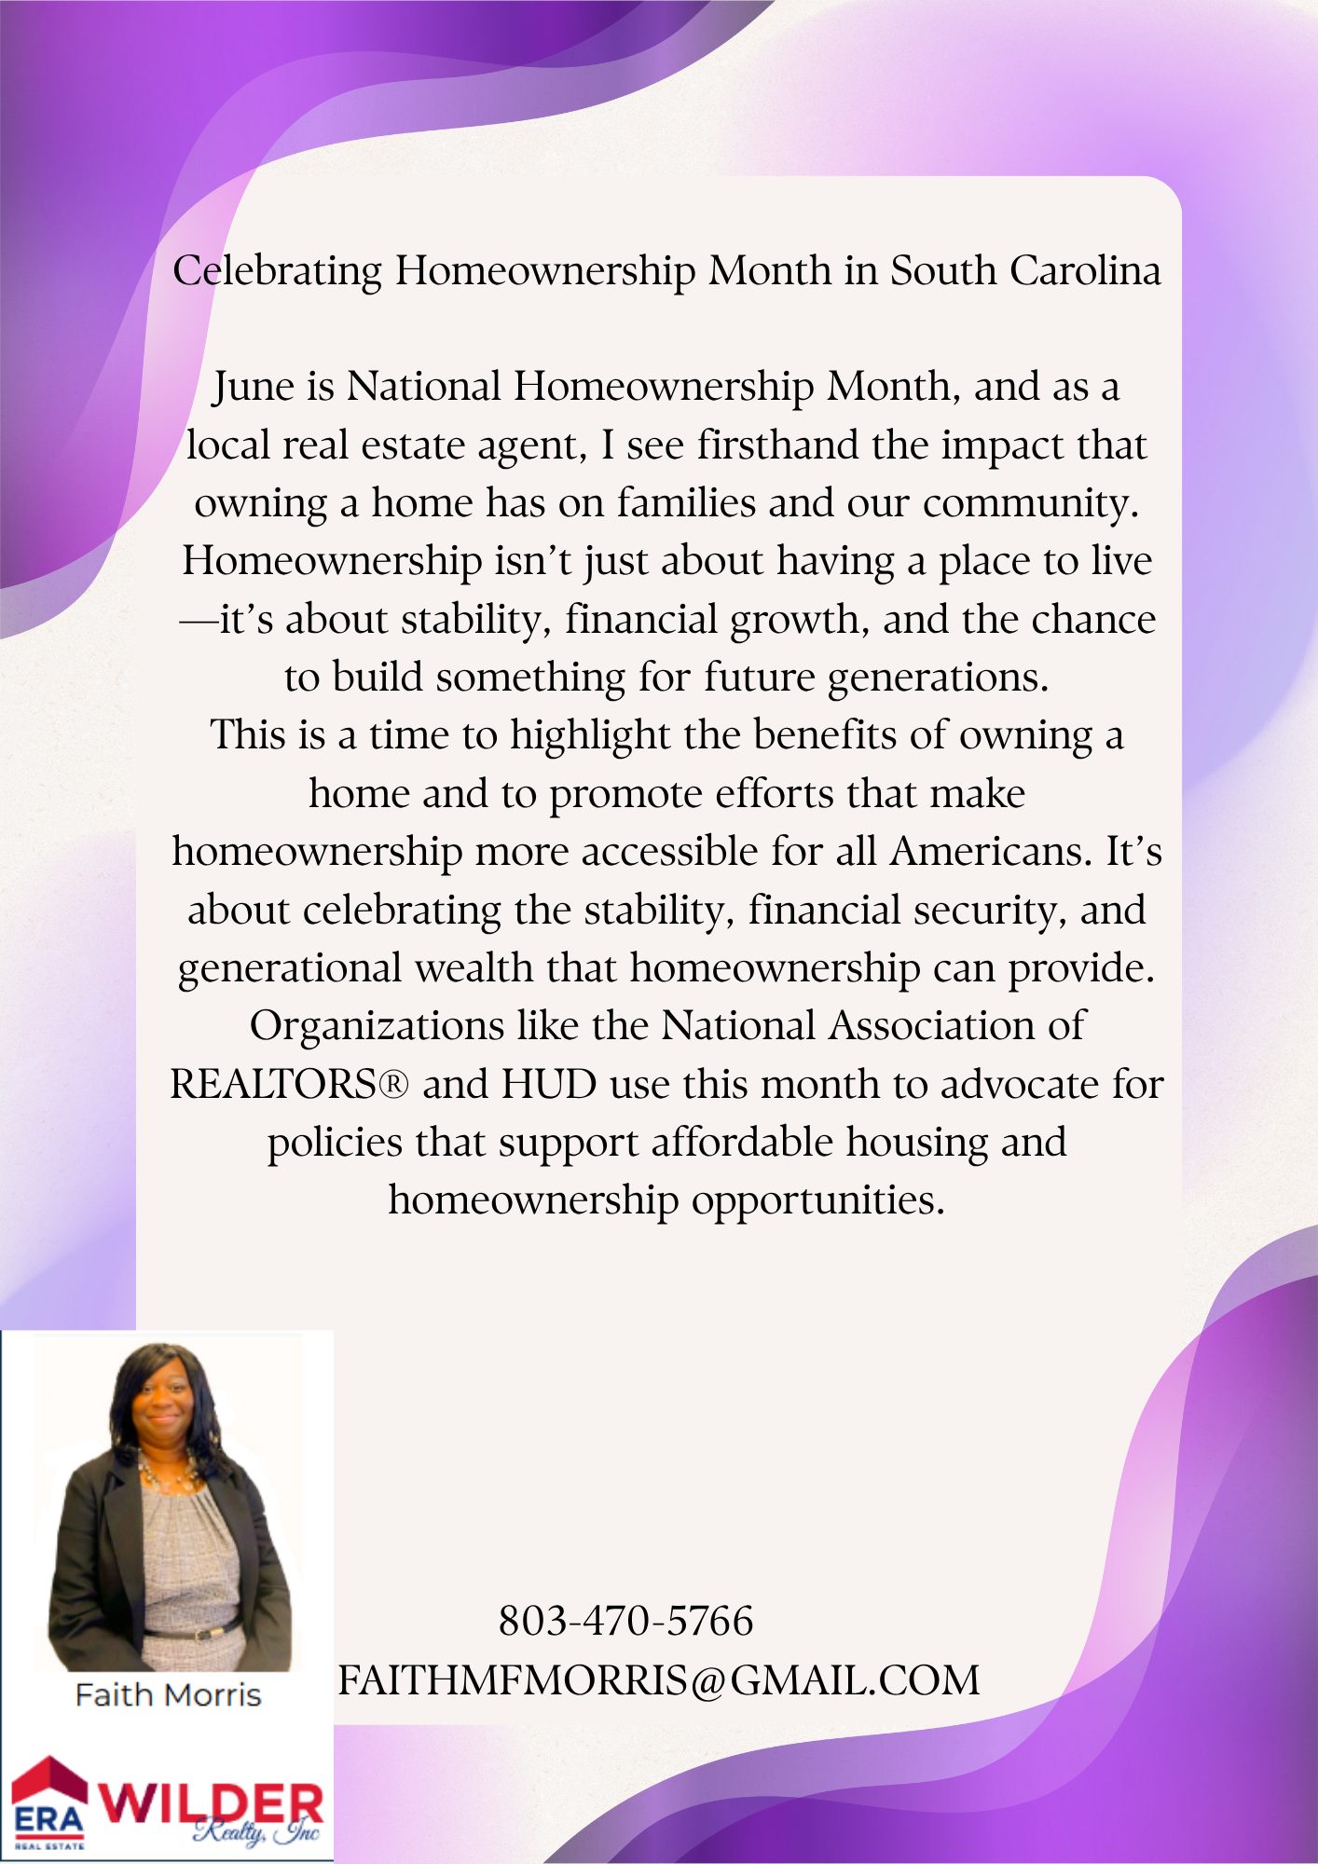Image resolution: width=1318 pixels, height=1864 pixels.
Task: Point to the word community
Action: [x=1031, y=503]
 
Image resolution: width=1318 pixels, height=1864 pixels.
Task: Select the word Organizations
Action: [x=377, y=1026]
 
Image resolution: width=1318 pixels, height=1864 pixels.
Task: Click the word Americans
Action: [x=991, y=852]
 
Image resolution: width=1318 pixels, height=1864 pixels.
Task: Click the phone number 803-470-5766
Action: [x=625, y=1621]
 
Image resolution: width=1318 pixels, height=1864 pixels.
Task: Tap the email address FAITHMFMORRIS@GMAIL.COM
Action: [x=658, y=1680]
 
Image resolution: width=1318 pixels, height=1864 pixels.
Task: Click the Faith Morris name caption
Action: [x=168, y=1694]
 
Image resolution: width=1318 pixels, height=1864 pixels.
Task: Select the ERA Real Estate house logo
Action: [x=49, y=1802]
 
